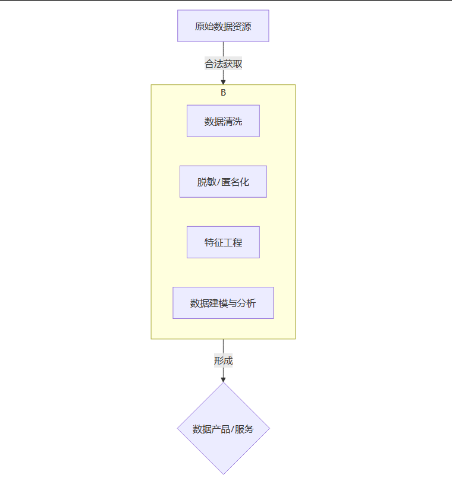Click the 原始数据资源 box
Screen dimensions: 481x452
pos(223,26)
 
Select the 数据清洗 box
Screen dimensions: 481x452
pos(223,121)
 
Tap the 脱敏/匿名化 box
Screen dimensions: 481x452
pos(223,182)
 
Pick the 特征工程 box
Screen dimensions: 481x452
pos(223,242)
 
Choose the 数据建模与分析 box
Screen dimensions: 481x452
pos(223,303)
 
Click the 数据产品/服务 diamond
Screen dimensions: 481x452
pos(223,428)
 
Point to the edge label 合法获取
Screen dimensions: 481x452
pos(223,64)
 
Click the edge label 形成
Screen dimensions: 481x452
pos(223,360)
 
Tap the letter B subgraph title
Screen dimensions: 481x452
pos(223,93)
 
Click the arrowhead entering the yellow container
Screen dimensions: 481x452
pos(223,81)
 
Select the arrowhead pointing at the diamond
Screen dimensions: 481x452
pos(223,378)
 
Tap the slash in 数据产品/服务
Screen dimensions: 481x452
pos(232,429)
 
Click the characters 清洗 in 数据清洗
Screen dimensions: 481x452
pos(233,122)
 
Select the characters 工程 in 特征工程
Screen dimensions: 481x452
pos(233,243)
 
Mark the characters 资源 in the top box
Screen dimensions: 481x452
pos(242,26)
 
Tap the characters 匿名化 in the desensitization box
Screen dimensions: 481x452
pos(235,182)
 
